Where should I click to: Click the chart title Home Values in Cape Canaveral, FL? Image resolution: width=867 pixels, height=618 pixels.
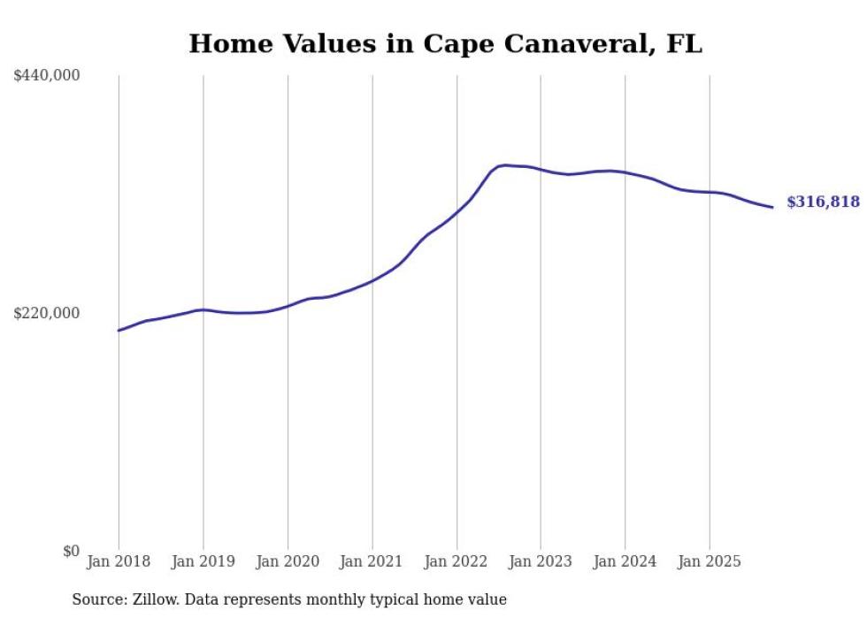pyautogui.click(x=445, y=44)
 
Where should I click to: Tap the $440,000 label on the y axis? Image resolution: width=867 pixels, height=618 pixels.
pyautogui.click(x=47, y=76)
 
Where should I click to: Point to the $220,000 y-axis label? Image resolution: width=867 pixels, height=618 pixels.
pyautogui.click(x=47, y=313)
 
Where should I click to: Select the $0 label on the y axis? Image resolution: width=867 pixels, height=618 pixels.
pyautogui.click(x=71, y=551)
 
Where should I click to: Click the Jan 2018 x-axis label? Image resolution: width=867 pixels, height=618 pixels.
pyautogui.click(x=119, y=561)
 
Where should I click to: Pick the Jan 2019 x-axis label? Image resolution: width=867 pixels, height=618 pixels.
pyautogui.click(x=203, y=561)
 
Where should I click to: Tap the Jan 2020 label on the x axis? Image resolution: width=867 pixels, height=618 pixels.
pyautogui.click(x=288, y=561)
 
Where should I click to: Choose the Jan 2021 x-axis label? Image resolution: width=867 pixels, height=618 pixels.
pyautogui.click(x=372, y=561)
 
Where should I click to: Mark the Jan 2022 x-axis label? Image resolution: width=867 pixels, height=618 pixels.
pyautogui.click(x=457, y=561)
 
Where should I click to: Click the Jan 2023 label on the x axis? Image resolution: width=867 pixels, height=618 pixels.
pyautogui.click(x=541, y=561)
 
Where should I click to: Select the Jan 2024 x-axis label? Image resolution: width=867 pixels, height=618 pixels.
pyautogui.click(x=625, y=561)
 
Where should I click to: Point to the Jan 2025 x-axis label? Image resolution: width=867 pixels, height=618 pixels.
pyautogui.click(x=710, y=561)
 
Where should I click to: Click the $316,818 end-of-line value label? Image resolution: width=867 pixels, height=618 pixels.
pyautogui.click(x=823, y=202)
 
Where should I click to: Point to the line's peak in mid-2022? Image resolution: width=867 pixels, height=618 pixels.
pyautogui.click(x=504, y=164)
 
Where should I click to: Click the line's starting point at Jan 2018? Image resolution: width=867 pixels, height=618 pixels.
pyautogui.click(x=119, y=331)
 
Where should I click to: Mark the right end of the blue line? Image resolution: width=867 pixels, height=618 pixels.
pyautogui.click(x=772, y=208)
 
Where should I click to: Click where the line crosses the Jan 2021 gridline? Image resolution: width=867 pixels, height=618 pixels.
pyautogui.click(x=372, y=280)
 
